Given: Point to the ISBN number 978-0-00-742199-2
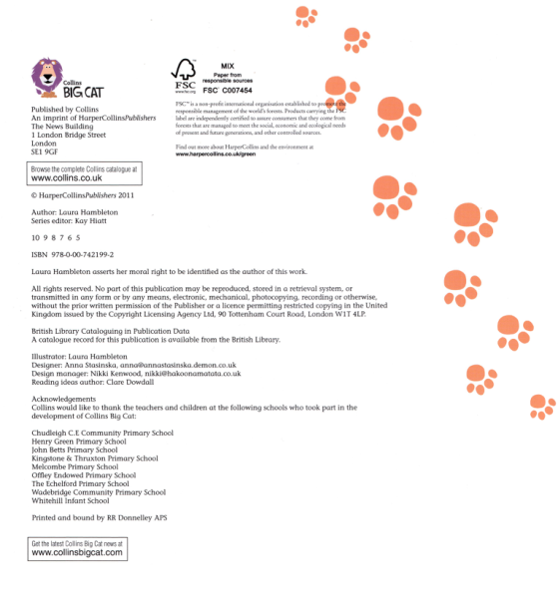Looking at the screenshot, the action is coord(85,255).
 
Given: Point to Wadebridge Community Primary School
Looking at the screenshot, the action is coord(99,491).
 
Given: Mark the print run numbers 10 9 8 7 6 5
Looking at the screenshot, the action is coord(56,239).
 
